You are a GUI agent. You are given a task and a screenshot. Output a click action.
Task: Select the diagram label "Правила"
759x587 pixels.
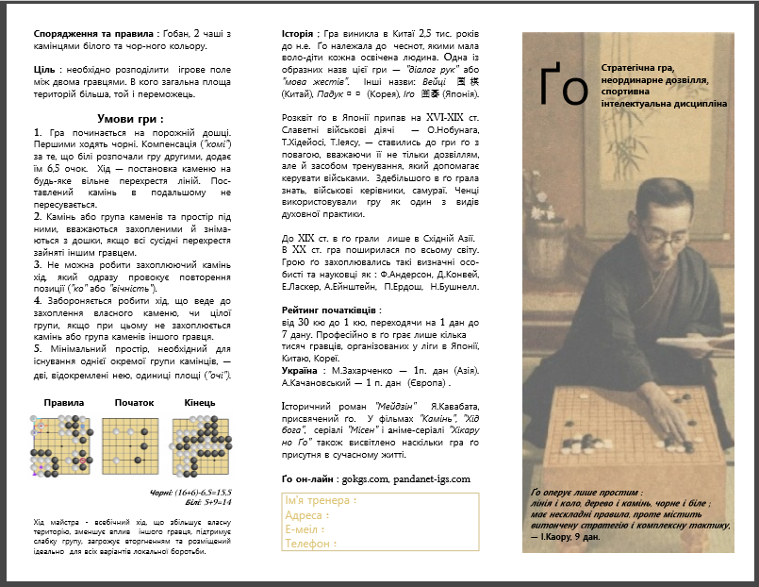coord(64,402)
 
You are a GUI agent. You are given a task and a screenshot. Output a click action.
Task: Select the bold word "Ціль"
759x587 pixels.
coord(46,70)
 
